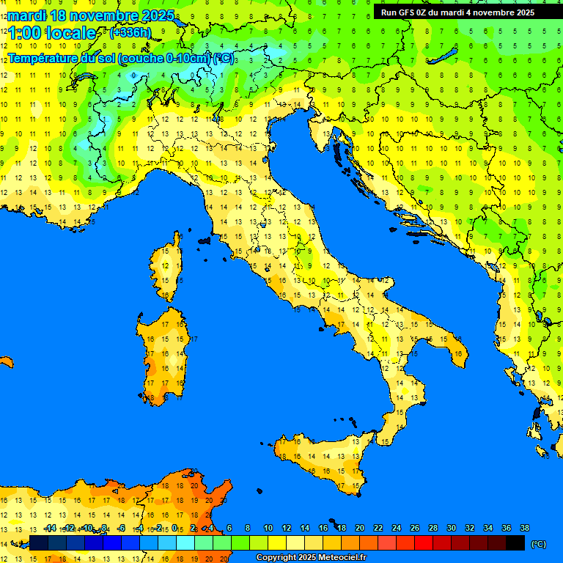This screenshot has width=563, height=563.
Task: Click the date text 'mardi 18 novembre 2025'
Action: click(91, 15)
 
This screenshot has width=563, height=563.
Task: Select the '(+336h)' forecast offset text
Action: click(130, 32)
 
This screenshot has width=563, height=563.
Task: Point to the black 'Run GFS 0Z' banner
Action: click(457, 12)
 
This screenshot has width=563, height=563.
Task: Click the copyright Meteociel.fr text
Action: click(311, 557)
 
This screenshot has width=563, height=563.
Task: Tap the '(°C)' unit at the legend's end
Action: click(537, 544)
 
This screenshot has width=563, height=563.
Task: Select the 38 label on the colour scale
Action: click(524, 528)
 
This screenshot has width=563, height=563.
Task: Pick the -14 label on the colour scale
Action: click(51, 528)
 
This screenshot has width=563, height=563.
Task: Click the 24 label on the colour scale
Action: click(396, 528)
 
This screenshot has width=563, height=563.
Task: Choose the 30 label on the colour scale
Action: click(451, 528)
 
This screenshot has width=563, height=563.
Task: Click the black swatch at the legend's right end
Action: click(515, 543)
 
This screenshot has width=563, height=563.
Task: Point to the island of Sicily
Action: click(323, 458)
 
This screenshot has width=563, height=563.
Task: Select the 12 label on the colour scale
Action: click(287, 528)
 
